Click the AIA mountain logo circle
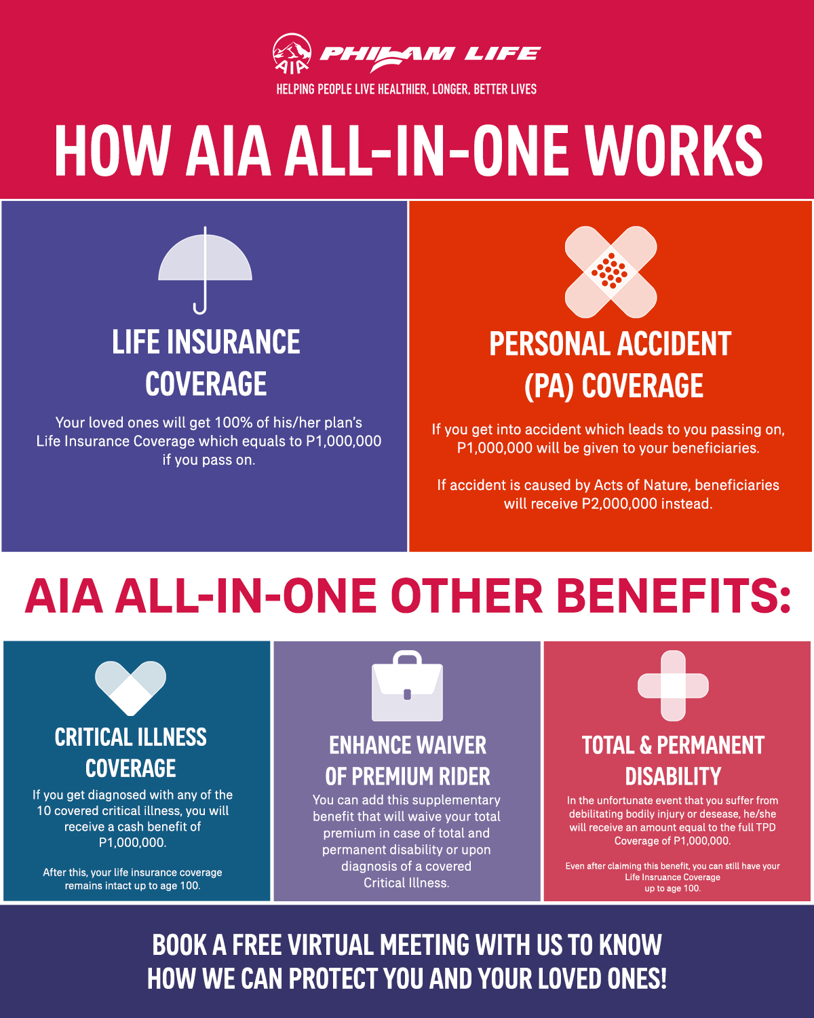292,54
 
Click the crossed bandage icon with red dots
610,272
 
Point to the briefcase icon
407,686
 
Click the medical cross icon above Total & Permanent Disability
673,686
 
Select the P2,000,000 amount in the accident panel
619,504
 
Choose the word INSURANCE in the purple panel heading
233,342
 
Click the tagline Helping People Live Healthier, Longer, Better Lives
406,89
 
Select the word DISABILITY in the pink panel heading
673,776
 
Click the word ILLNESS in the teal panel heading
170,737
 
